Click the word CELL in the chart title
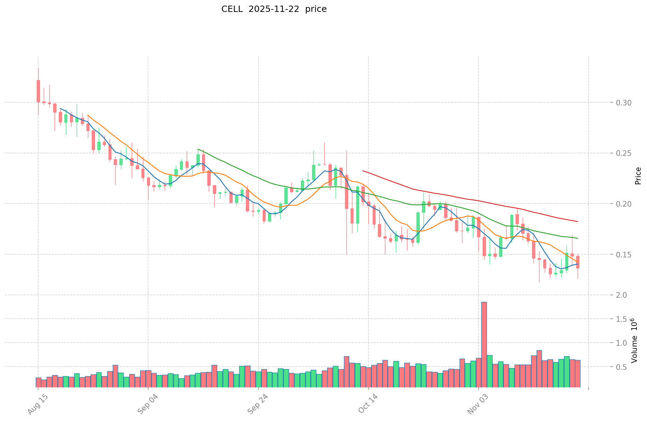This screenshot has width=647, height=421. click(x=232, y=9)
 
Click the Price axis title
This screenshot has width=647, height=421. click(x=638, y=176)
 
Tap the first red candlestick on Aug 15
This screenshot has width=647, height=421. click(x=38, y=91)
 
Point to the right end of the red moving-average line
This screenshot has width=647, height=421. click(x=577, y=221)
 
